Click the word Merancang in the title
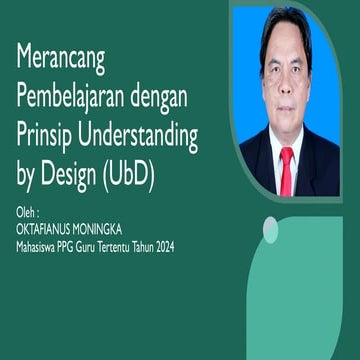click(x=62, y=58)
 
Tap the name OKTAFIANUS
click(x=44, y=229)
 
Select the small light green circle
click(x=269, y=231)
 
